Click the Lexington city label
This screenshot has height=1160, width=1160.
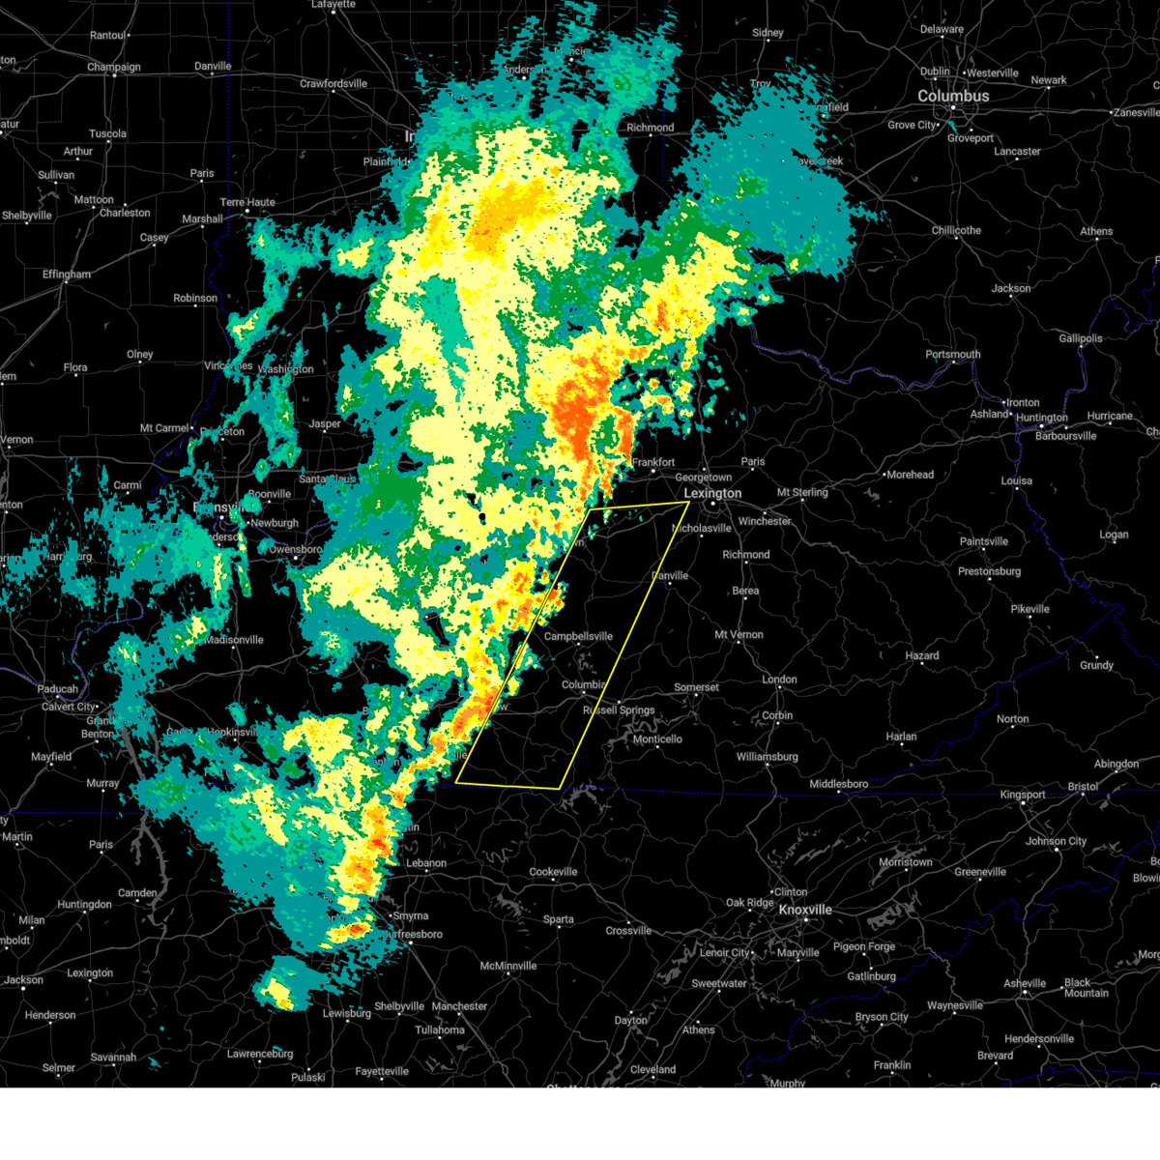point(712,494)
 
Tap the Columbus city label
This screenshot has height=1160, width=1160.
point(953,97)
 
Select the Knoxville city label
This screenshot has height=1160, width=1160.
point(805,911)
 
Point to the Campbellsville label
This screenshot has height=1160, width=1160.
point(578,637)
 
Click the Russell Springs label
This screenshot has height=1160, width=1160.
point(619,710)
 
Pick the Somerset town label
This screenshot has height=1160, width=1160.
point(696,687)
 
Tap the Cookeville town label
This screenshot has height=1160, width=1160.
point(553,872)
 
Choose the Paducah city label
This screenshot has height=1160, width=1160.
point(57,689)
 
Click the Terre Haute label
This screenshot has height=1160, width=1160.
point(247,203)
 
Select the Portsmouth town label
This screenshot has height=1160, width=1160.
point(952,355)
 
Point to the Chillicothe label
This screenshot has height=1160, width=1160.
point(956,231)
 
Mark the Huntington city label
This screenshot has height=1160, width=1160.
point(1041,419)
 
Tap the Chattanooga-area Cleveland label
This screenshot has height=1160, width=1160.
point(652,1070)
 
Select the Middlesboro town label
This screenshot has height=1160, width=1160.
point(838,784)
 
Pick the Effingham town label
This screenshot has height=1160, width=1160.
point(66,275)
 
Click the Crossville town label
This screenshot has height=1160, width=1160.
point(628,931)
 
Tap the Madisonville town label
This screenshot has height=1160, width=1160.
point(234,640)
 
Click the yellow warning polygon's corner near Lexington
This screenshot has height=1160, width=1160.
point(688,503)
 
